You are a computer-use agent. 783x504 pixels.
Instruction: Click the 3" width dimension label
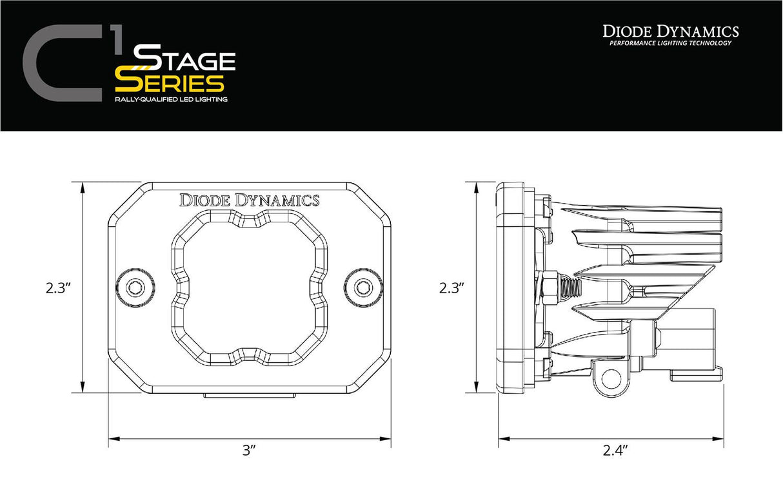pos(249,451)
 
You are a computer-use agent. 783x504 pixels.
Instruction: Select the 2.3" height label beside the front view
pos(58,288)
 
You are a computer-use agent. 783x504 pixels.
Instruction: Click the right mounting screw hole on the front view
pos(363,287)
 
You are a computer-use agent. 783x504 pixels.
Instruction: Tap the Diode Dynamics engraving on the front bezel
pos(249,200)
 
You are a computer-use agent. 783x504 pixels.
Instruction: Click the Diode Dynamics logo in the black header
pos(671,31)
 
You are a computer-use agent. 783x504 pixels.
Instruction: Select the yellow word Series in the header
pos(169,82)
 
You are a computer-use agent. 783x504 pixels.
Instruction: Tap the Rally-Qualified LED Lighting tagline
pos(170,101)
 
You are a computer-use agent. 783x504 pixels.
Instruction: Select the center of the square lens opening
pos(249,287)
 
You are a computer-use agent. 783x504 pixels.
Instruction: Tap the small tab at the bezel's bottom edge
pos(249,394)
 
